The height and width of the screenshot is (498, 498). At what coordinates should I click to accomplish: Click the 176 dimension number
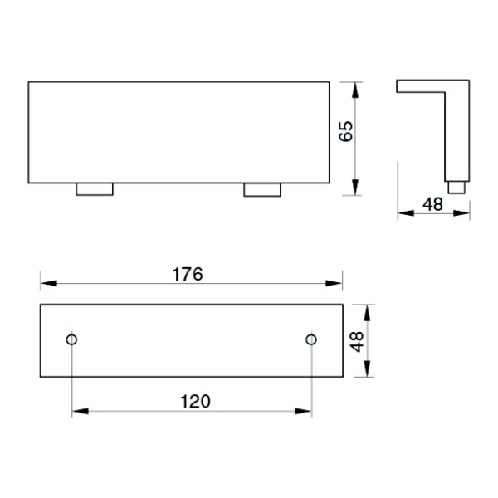187,274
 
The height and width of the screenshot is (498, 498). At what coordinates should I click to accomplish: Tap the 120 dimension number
195,402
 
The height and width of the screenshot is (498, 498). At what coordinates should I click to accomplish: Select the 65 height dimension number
345,131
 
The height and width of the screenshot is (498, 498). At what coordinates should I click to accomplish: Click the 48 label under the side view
432,204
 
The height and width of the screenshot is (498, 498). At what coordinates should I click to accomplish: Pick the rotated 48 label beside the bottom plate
357,342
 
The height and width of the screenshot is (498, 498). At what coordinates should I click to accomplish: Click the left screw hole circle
71,339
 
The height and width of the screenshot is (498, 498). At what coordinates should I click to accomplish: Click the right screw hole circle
311,339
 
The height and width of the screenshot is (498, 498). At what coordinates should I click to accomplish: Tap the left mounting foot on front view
95,189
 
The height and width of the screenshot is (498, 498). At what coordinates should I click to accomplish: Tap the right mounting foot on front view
262,190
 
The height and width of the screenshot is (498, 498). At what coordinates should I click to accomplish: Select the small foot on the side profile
456,188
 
